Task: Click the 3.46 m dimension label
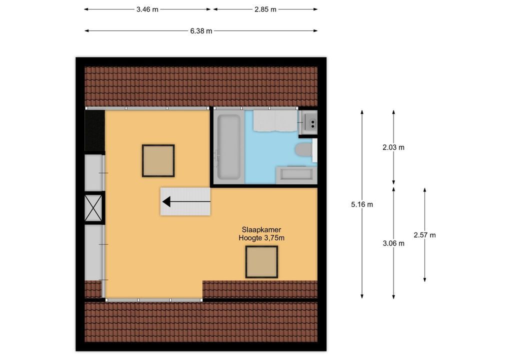(x=147, y=9)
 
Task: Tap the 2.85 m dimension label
(x=265, y=9)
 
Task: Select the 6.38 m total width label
(x=201, y=31)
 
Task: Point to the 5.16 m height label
(x=362, y=204)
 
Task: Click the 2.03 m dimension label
(x=393, y=147)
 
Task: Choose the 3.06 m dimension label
(x=393, y=243)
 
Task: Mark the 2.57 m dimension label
(x=424, y=235)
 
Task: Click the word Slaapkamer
(x=261, y=230)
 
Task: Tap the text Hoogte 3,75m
(x=261, y=238)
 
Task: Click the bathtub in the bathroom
(x=229, y=147)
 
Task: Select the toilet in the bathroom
(x=304, y=150)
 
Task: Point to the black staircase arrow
(x=186, y=201)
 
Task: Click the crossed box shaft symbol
(x=93, y=208)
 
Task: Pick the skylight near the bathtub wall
(x=158, y=160)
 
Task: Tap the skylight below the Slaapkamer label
(x=261, y=262)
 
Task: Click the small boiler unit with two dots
(x=308, y=122)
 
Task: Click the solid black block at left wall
(x=94, y=131)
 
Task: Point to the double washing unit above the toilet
(x=275, y=121)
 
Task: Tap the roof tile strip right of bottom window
(x=260, y=289)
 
